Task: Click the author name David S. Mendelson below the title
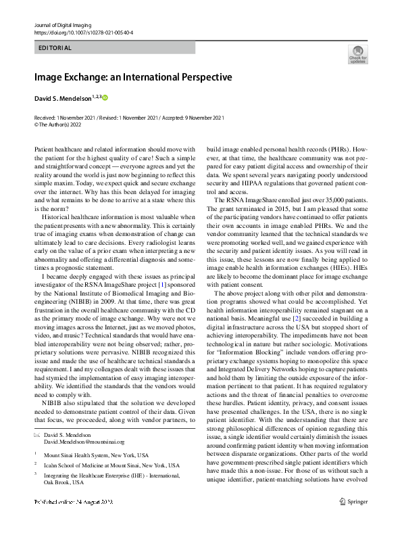click(66, 99)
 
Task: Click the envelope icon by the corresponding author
click(37, 435)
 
